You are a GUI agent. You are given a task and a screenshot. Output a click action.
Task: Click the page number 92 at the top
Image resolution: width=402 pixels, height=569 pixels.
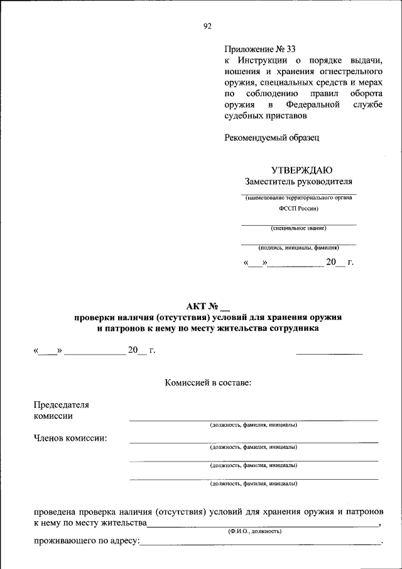(x=208, y=26)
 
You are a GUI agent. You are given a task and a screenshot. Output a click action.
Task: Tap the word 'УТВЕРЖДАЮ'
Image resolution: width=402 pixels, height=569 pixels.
(x=301, y=170)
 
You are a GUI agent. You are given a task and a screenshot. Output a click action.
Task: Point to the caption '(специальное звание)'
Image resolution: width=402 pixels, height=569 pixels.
(x=298, y=228)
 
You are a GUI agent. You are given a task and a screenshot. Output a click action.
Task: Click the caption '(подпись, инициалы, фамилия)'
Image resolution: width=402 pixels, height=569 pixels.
(x=298, y=247)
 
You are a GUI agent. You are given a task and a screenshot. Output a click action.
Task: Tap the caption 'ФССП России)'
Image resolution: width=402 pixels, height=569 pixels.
(x=299, y=207)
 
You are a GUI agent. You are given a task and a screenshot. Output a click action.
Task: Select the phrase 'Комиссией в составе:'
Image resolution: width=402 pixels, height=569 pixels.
(x=208, y=382)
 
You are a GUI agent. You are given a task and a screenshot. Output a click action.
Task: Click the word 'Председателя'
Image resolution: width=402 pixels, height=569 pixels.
(x=62, y=404)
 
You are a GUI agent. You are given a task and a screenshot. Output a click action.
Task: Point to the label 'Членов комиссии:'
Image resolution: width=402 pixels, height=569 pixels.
(x=70, y=438)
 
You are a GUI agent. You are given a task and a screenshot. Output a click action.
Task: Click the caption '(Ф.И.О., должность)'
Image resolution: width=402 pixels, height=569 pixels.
(x=254, y=531)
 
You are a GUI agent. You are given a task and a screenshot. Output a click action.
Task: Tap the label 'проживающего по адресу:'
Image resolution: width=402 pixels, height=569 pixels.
(x=86, y=541)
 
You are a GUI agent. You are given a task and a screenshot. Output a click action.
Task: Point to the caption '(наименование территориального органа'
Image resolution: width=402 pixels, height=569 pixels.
(x=298, y=197)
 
